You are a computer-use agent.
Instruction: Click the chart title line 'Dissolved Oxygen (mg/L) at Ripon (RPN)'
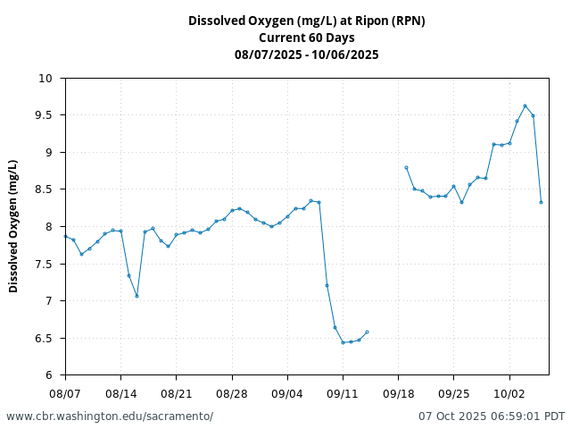(306, 21)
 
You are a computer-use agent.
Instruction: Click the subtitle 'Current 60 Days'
(306, 38)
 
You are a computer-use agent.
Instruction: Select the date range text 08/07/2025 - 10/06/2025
(306, 55)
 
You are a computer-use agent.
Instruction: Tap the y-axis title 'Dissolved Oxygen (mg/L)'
(13, 226)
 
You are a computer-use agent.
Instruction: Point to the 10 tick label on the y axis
(46, 79)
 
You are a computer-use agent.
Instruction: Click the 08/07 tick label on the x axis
(65, 393)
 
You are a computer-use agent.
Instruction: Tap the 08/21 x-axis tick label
(177, 393)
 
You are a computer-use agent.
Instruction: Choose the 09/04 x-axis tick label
(287, 393)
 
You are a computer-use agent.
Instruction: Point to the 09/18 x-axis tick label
(399, 393)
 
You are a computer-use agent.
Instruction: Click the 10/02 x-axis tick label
(509, 393)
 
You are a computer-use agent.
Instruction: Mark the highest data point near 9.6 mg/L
(525, 105)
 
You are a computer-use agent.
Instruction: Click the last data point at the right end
(541, 202)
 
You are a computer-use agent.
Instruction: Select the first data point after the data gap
(406, 167)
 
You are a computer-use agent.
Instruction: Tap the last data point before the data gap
(367, 332)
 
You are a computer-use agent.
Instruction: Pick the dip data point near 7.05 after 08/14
(137, 296)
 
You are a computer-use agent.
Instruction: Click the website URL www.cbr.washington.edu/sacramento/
(110, 416)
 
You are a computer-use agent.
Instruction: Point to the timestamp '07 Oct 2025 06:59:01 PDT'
(492, 416)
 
